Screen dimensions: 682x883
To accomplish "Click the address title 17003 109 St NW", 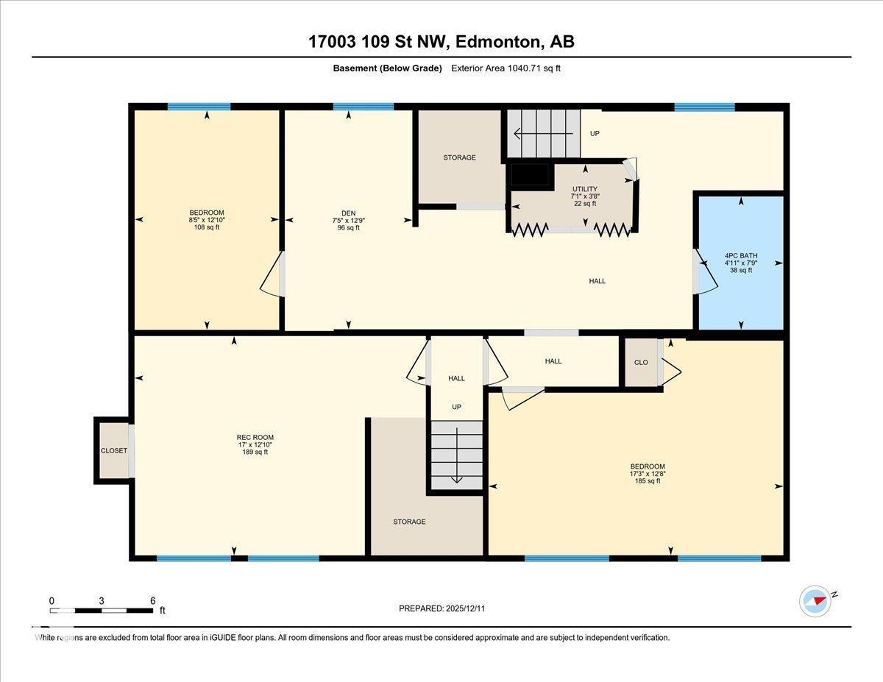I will click(441, 42).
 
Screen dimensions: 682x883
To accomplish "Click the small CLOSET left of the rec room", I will click(113, 450).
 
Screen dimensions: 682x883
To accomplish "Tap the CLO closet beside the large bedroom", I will click(640, 362).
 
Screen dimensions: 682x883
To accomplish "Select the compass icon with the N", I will click(815, 600).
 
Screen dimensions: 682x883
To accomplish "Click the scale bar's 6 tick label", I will click(152, 600).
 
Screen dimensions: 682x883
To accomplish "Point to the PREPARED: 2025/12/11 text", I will click(441, 608).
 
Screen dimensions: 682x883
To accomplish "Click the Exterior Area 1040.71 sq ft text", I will click(508, 68).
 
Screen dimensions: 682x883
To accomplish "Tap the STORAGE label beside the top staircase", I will click(459, 157).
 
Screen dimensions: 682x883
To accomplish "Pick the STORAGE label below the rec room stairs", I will click(409, 522).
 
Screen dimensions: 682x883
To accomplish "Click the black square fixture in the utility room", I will click(530, 175).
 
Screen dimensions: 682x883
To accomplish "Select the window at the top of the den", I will click(363, 107).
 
